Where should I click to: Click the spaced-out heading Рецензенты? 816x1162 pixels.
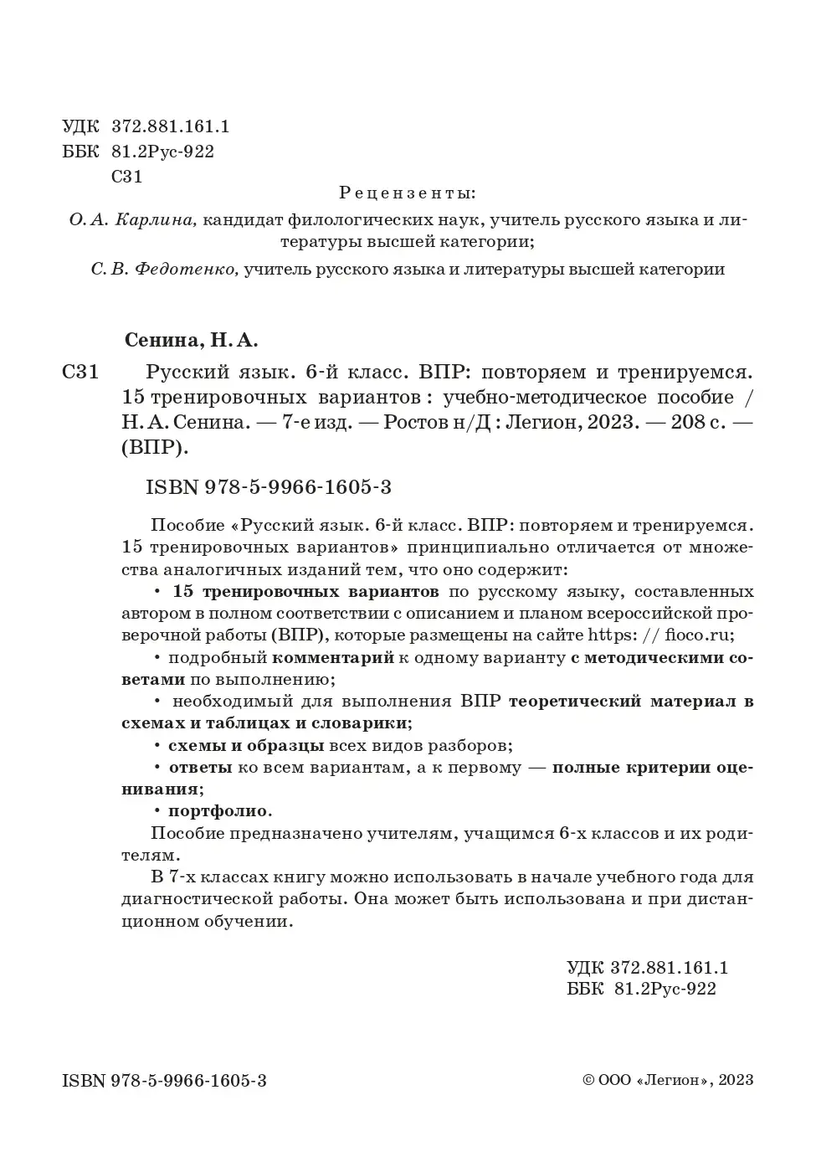[407, 193]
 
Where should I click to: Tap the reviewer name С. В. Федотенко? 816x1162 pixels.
[164, 270]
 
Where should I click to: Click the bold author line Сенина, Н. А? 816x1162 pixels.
[192, 341]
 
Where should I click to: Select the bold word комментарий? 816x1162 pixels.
[333, 657]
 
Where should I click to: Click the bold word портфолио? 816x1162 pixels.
[219, 810]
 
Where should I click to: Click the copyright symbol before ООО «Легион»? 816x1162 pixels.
[588, 1080]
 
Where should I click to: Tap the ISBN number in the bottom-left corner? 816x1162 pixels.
[164, 1081]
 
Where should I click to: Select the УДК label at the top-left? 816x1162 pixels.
[80, 127]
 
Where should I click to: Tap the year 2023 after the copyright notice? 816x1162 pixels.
[736, 1080]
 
